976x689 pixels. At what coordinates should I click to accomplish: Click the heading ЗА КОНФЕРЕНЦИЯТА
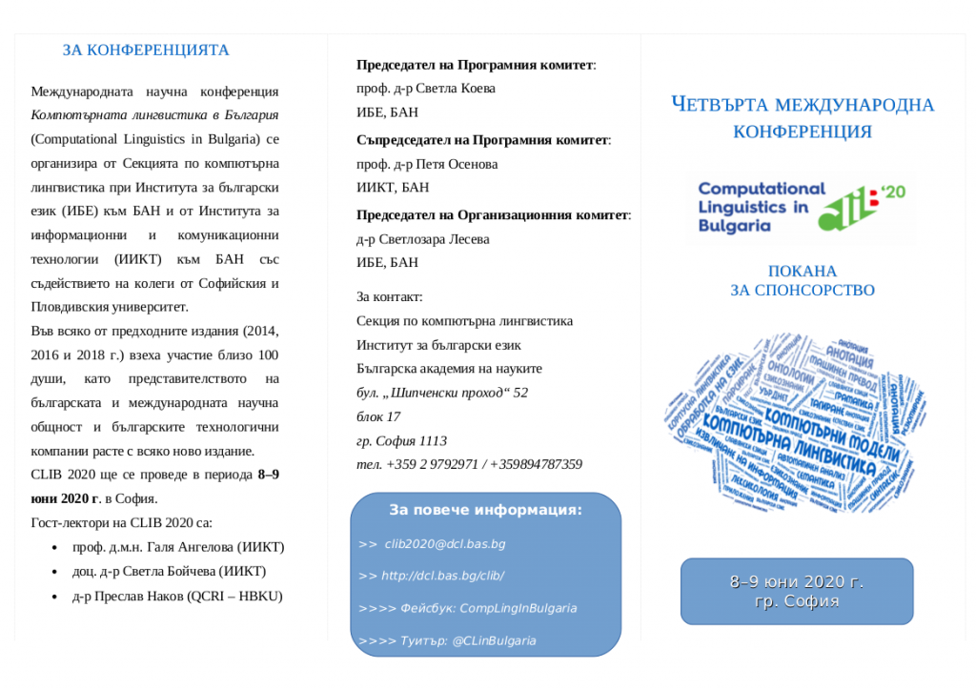click(x=146, y=51)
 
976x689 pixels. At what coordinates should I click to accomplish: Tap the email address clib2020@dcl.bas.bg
click(x=445, y=544)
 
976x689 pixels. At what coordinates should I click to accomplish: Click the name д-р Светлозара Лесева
click(x=422, y=239)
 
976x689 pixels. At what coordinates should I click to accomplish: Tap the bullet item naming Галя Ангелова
click(x=178, y=547)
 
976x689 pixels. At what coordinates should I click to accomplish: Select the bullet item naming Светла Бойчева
click(x=169, y=572)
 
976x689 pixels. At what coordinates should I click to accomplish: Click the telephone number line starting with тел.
click(x=469, y=464)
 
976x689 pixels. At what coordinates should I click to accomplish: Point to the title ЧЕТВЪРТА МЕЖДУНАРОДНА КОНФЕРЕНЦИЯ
click(x=802, y=117)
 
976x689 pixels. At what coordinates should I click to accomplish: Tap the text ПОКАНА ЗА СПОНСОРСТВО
click(x=802, y=281)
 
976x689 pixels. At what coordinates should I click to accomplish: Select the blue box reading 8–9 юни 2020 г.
click(x=797, y=592)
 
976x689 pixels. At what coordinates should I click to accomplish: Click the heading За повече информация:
click(x=485, y=510)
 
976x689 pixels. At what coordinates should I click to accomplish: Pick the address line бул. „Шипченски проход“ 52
click(x=442, y=393)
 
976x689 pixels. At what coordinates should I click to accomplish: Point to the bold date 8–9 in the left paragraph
click(x=269, y=475)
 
